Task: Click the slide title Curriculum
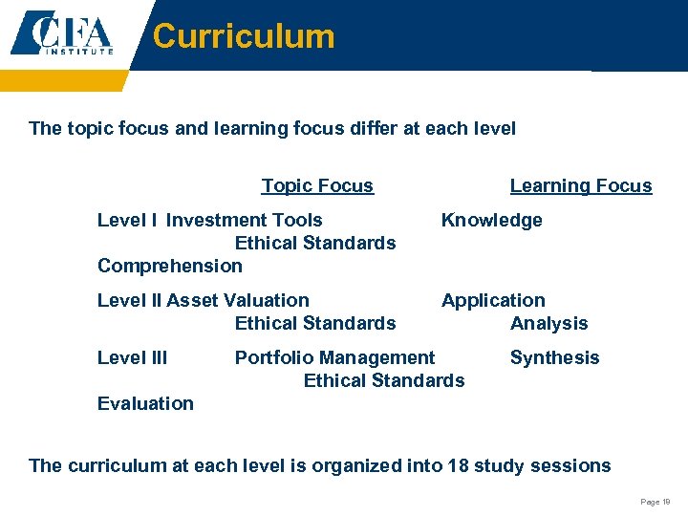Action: tap(244, 36)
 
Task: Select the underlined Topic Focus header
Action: tap(317, 185)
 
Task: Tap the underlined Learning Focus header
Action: tap(581, 185)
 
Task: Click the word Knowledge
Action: tap(491, 220)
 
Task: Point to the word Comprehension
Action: tap(170, 266)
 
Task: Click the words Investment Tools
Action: tap(244, 220)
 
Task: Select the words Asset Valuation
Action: tap(238, 300)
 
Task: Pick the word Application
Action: tap(493, 300)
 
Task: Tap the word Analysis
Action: tap(549, 323)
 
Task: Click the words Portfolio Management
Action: tap(334, 357)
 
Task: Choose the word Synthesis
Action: tap(554, 357)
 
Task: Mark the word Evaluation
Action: tap(145, 403)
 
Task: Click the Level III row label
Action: tap(132, 357)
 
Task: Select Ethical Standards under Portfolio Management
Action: tap(384, 380)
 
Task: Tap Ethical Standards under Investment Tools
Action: tap(315, 243)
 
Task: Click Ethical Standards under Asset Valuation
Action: tap(315, 323)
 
